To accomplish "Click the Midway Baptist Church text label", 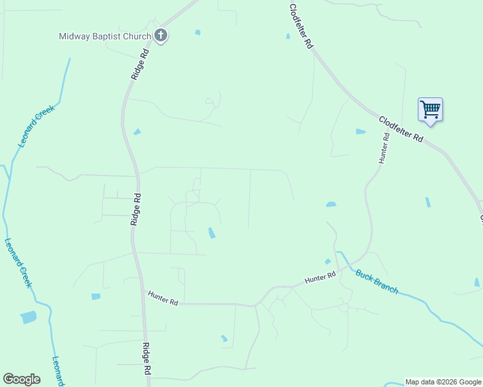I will pos(105,36).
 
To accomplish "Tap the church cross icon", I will pos(161,36).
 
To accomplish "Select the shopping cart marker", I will pos(430,109).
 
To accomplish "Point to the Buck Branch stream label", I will pos(376,281).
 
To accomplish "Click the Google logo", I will pos(21,379).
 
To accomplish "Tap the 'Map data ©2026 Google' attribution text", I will pos(443,382).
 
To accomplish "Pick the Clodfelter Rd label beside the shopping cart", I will pos(401,129).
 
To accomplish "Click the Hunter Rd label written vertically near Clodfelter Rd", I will pos(385,148).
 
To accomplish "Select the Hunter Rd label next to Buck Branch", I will pos(320,278).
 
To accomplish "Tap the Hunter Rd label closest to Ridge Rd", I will pos(163,297).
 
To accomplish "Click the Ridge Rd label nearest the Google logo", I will pos(147,359).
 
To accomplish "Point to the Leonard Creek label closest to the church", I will pos(37,126).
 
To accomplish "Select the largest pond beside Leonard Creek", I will pos(29,317).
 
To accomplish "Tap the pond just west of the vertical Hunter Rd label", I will pos(360,132).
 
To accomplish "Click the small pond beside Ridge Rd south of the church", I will pos(137,132).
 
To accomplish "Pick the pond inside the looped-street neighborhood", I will pos(212,233).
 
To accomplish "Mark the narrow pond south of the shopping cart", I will pos(428,202).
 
